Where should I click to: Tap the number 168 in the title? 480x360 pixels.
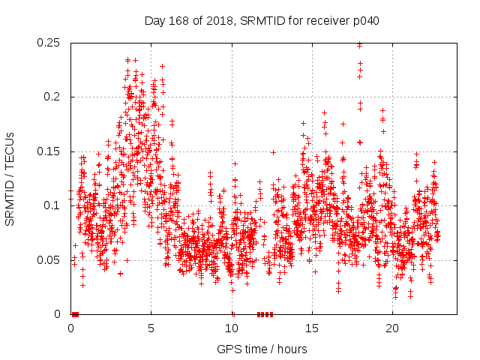click(178, 21)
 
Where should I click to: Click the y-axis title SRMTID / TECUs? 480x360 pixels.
click(10, 178)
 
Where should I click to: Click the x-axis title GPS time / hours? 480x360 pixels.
click(263, 349)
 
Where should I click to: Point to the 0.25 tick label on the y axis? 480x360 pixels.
click(50, 43)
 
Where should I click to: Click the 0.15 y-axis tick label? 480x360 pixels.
click(50, 151)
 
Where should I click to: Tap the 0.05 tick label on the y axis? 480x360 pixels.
click(50, 260)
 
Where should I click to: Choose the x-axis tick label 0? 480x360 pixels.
click(70, 328)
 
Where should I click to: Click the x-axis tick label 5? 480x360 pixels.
click(151, 328)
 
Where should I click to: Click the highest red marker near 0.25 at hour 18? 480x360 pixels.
click(360, 44)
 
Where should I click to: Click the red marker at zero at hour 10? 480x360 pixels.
click(232, 314)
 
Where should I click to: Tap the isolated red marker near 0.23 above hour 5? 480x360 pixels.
click(162, 66)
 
